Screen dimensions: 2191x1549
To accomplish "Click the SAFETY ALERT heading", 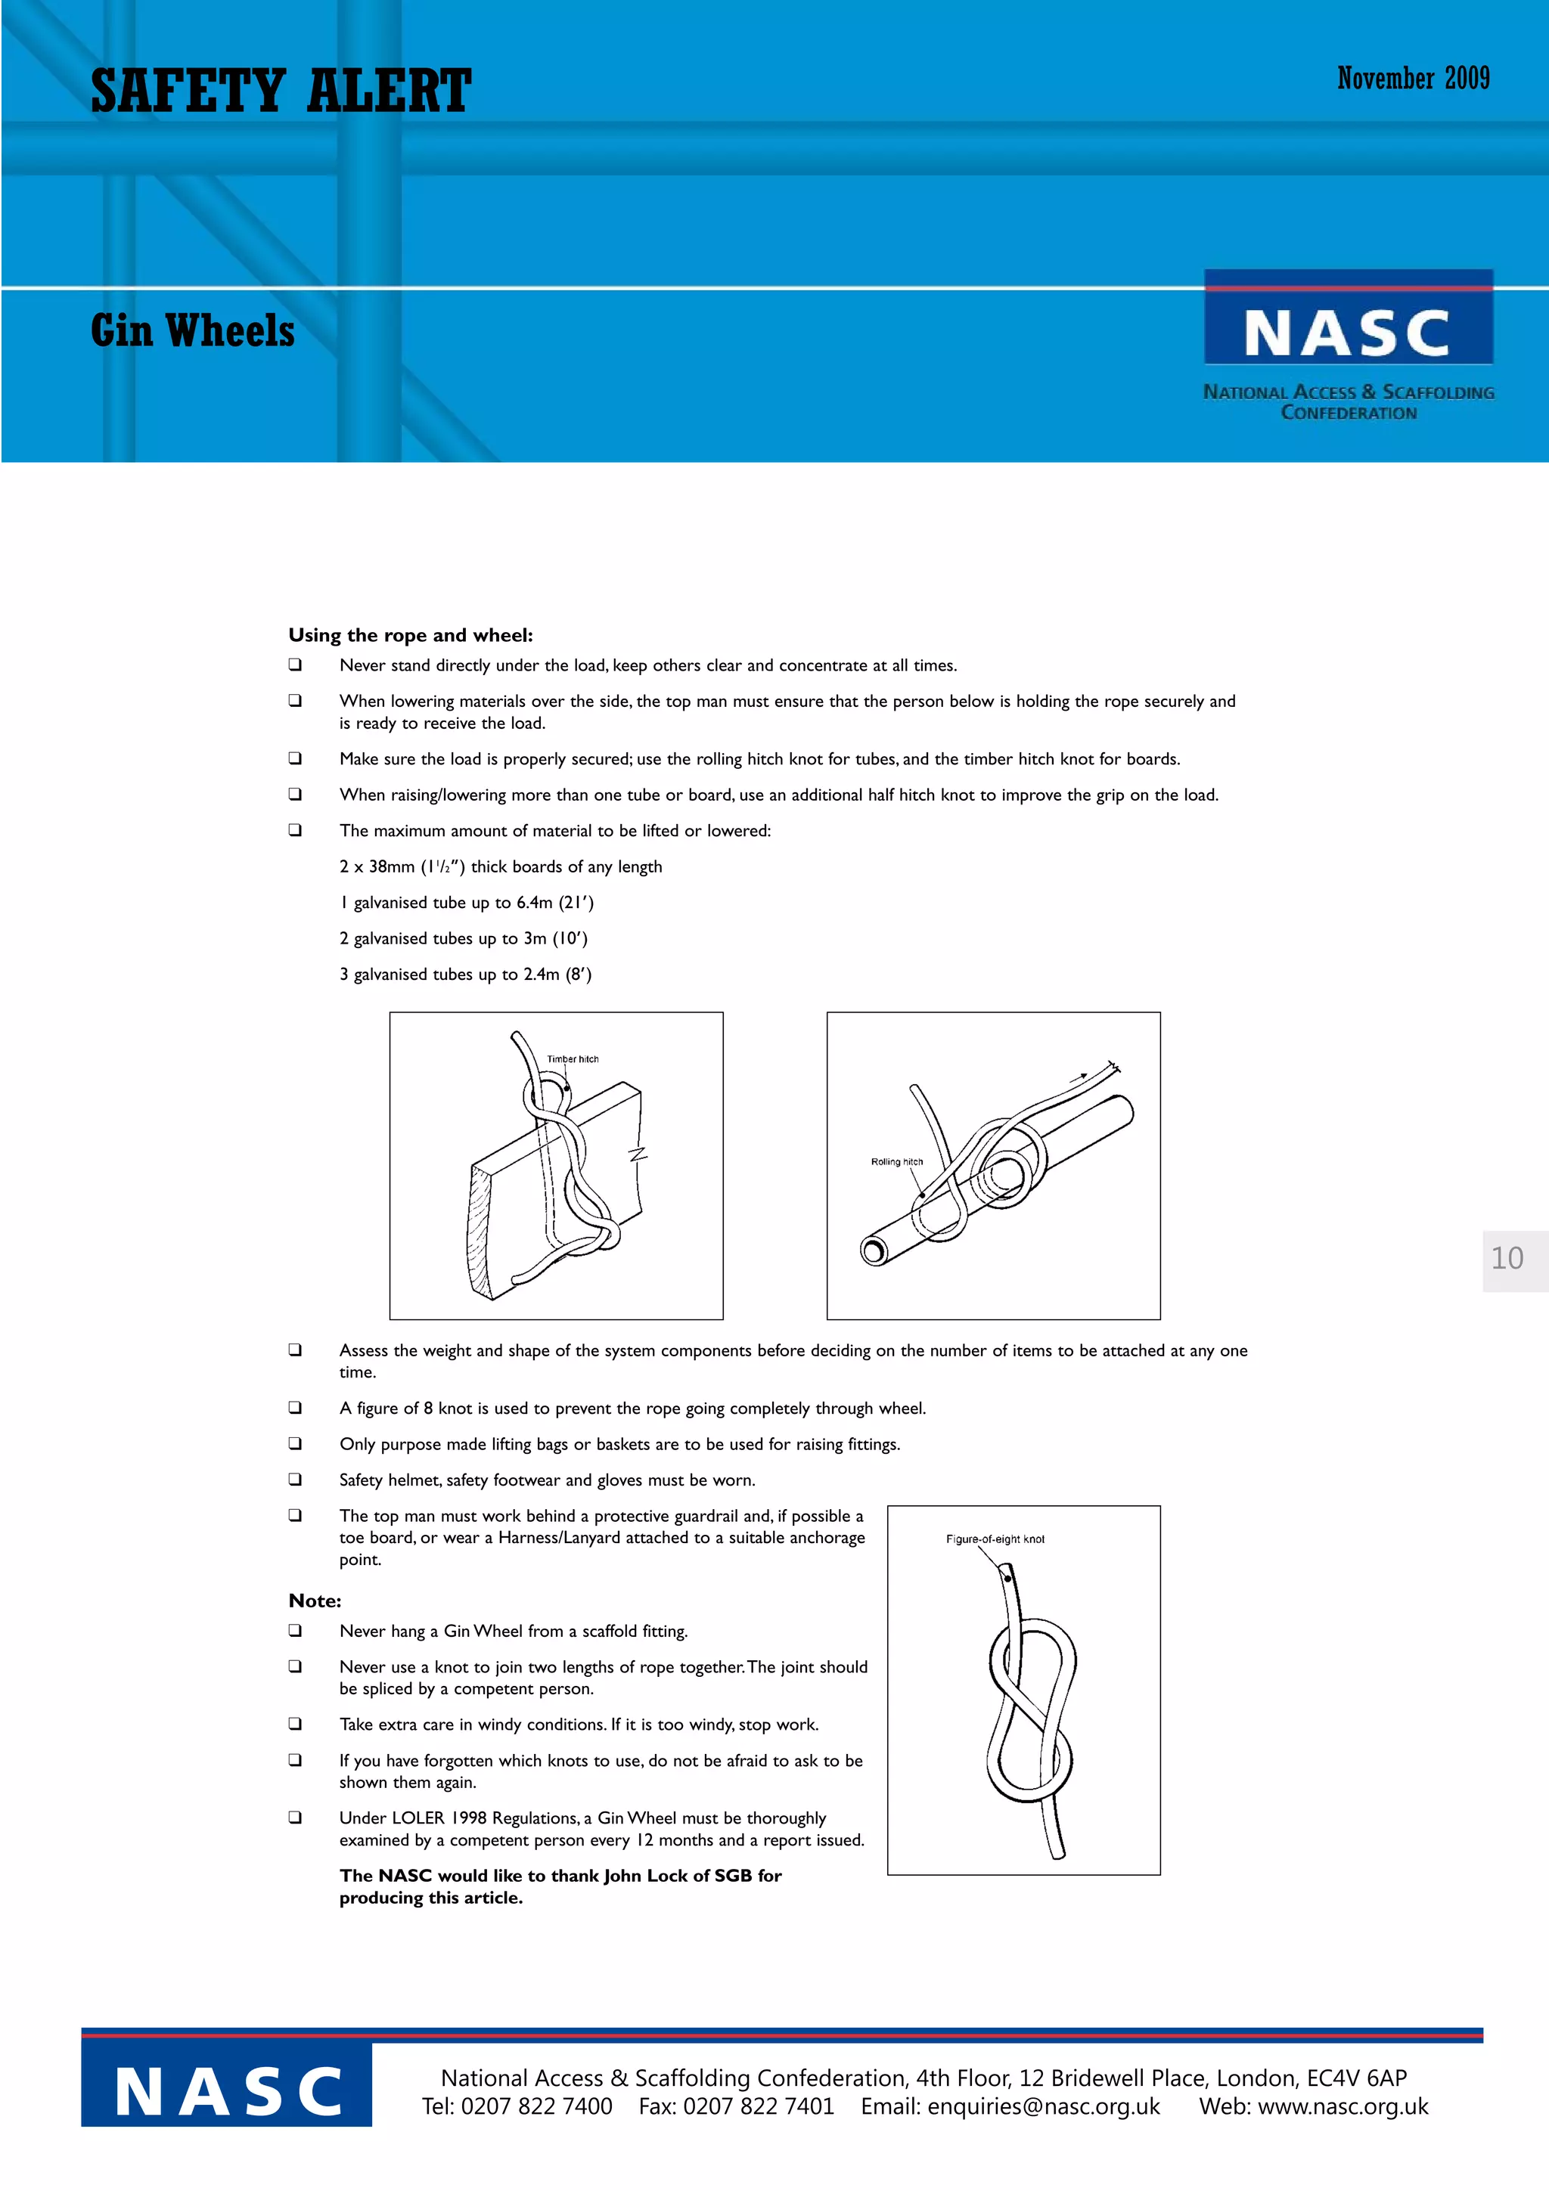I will tap(281, 91).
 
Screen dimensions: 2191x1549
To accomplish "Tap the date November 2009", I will tap(1413, 79).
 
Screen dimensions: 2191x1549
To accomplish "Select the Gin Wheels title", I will tap(193, 331).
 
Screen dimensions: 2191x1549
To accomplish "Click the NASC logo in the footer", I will tap(227, 2093).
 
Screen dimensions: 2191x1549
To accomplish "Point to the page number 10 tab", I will tap(1509, 1259).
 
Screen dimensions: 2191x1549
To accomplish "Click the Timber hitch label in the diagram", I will tap(573, 1059).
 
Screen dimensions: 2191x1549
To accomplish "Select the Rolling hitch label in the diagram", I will tap(896, 1161).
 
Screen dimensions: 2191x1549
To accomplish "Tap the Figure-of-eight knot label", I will tap(995, 1539).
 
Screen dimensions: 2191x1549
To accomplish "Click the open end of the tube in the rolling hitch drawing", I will tap(874, 1250).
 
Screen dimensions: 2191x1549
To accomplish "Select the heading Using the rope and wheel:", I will tap(411, 636).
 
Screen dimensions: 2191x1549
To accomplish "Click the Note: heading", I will tap(314, 1601).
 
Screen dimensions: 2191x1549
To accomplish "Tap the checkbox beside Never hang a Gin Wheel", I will tap(296, 1630).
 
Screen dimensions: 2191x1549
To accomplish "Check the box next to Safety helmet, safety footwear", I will tap(296, 1479).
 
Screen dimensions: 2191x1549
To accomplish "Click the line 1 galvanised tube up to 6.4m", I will tap(467, 903).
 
